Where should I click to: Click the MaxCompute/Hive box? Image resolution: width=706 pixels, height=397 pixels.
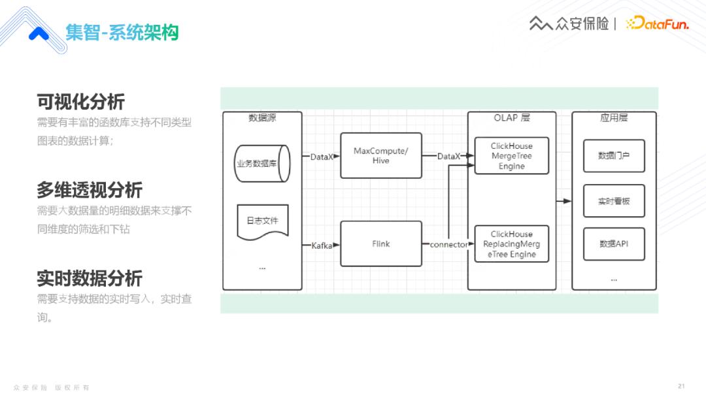[381, 155]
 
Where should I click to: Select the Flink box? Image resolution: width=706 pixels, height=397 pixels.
[381, 244]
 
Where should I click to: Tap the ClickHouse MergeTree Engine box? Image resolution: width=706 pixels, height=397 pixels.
[511, 155]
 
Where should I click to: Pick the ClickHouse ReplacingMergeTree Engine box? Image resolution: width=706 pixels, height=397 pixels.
[511, 244]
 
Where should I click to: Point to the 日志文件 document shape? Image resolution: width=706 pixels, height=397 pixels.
[262, 221]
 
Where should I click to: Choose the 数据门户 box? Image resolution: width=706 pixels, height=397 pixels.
[614, 156]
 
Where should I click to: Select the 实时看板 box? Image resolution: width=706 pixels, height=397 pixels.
[614, 201]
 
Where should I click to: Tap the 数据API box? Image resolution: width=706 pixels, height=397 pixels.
[614, 244]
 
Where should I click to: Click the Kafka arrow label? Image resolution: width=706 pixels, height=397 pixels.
[322, 246]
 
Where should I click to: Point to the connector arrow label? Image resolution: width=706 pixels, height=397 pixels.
[448, 244]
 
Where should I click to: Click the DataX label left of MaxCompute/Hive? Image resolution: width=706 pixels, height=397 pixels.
[321, 157]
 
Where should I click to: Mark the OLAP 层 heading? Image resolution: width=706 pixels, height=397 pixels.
[511, 118]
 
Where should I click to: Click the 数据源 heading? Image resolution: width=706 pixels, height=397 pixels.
[262, 118]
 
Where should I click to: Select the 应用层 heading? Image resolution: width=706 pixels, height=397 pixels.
[614, 118]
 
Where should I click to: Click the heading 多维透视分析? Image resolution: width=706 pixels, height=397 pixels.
[90, 190]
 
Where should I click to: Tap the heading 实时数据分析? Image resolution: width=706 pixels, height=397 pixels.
[90, 278]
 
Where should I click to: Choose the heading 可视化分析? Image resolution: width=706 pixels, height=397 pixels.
[80, 102]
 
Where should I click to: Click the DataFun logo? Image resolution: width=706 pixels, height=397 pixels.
[657, 24]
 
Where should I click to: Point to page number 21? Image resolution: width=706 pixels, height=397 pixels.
[681, 385]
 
